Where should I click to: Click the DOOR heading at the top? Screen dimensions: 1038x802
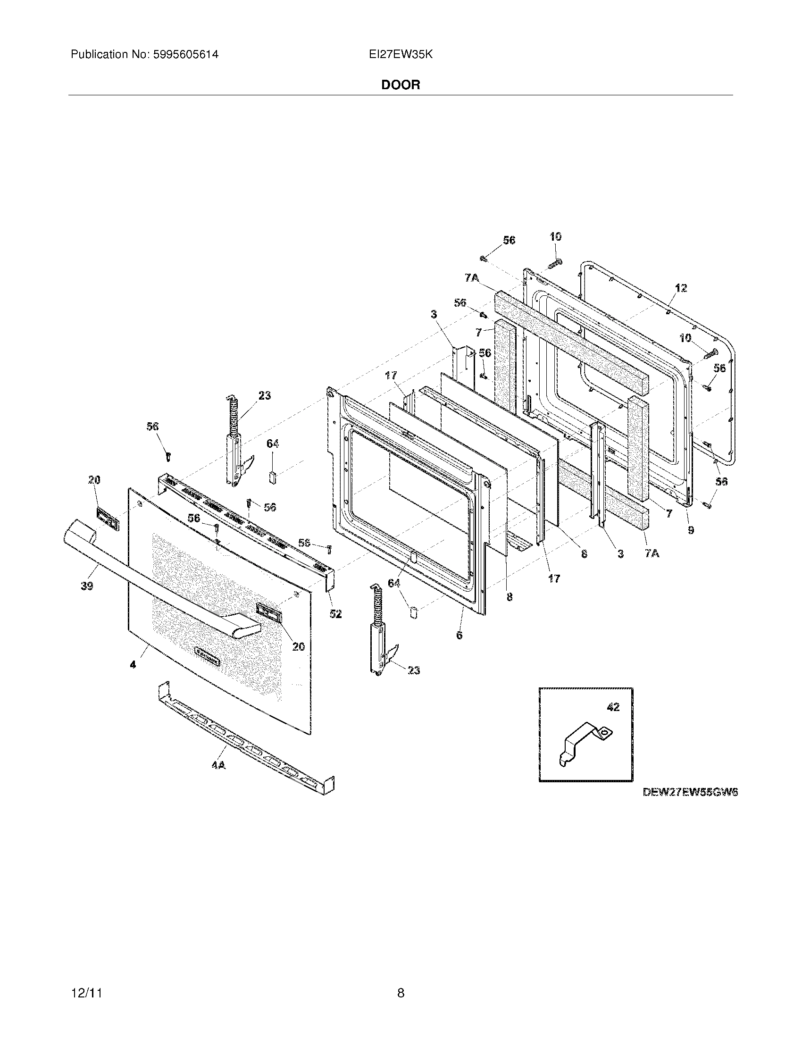click(x=401, y=85)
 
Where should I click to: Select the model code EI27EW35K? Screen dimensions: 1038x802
click(x=401, y=55)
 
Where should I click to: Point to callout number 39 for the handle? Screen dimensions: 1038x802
click(x=87, y=586)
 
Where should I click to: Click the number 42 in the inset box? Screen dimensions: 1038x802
click(x=613, y=708)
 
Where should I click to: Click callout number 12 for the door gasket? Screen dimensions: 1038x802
click(x=681, y=287)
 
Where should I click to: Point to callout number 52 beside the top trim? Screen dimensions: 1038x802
click(x=336, y=614)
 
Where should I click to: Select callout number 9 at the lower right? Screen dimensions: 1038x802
click(x=691, y=529)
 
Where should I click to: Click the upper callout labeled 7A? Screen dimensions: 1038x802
click(x=472, y=278)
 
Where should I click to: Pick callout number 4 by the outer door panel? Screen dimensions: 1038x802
click(x=133, y=665)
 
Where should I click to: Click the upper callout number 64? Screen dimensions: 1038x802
click(x=272, y=444)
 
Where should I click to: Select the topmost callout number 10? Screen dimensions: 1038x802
click(x=555, y=236)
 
